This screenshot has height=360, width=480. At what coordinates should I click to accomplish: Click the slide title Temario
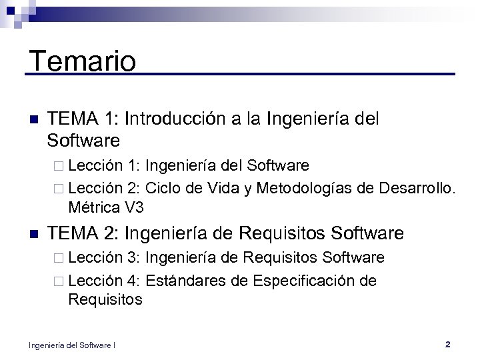[83, 61]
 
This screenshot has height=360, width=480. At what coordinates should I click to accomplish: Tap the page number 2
[447, 345]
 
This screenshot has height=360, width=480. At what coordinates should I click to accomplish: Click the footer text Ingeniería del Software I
[72, 345]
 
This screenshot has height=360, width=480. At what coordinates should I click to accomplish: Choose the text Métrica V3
[105, 207]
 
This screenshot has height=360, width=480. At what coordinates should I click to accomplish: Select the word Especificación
[303, 281]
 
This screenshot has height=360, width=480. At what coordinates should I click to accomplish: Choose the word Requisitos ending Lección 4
[105, 300]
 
